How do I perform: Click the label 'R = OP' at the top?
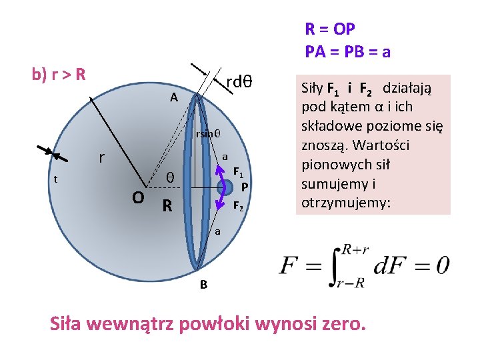[330, 29]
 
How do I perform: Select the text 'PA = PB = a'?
[347, 51]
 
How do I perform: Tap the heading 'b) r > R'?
[59, 73]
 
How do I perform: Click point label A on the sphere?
[173, 97]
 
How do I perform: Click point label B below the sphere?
[204, 285]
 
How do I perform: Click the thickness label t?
[56, 179]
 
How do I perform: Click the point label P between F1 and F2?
[245, 187]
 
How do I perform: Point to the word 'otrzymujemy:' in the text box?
[342, 203]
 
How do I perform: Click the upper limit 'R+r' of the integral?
[355, 249]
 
